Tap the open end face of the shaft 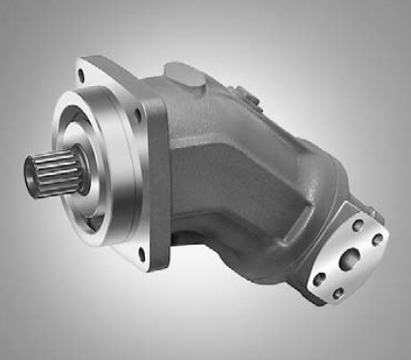(x=34, y=177)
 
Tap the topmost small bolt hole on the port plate (x=359, y=225)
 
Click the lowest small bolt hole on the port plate (x=338, y=291)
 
